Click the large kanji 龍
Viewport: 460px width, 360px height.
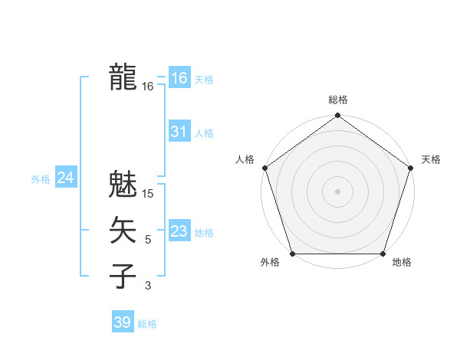pos(123,77)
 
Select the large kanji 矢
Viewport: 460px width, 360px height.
pos(123,231)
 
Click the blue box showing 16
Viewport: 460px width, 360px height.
pos(179,78)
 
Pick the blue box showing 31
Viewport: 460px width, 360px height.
pos(179,132)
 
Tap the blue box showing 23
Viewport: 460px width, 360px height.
pos(179,231)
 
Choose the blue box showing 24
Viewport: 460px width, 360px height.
pos(66,178)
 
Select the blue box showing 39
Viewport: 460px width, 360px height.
pos(123,322)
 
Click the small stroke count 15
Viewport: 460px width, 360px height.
pos(149,195)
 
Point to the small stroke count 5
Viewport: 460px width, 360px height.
pos(148,241)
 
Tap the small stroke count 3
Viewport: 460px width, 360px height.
pos(148,286)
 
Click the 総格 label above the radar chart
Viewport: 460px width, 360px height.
pos(338,100)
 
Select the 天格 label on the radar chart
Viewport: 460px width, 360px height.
pos(431,159)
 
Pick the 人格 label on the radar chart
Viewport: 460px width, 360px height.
pos(245,159)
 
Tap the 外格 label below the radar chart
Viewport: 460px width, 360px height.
pos(270,263)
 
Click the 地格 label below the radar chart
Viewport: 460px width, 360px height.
pos(402,263)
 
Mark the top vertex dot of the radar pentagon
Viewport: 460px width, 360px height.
pos(337,116)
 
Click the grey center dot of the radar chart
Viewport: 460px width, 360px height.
pos(337,191)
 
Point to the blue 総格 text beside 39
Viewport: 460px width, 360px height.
pos(147,324)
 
